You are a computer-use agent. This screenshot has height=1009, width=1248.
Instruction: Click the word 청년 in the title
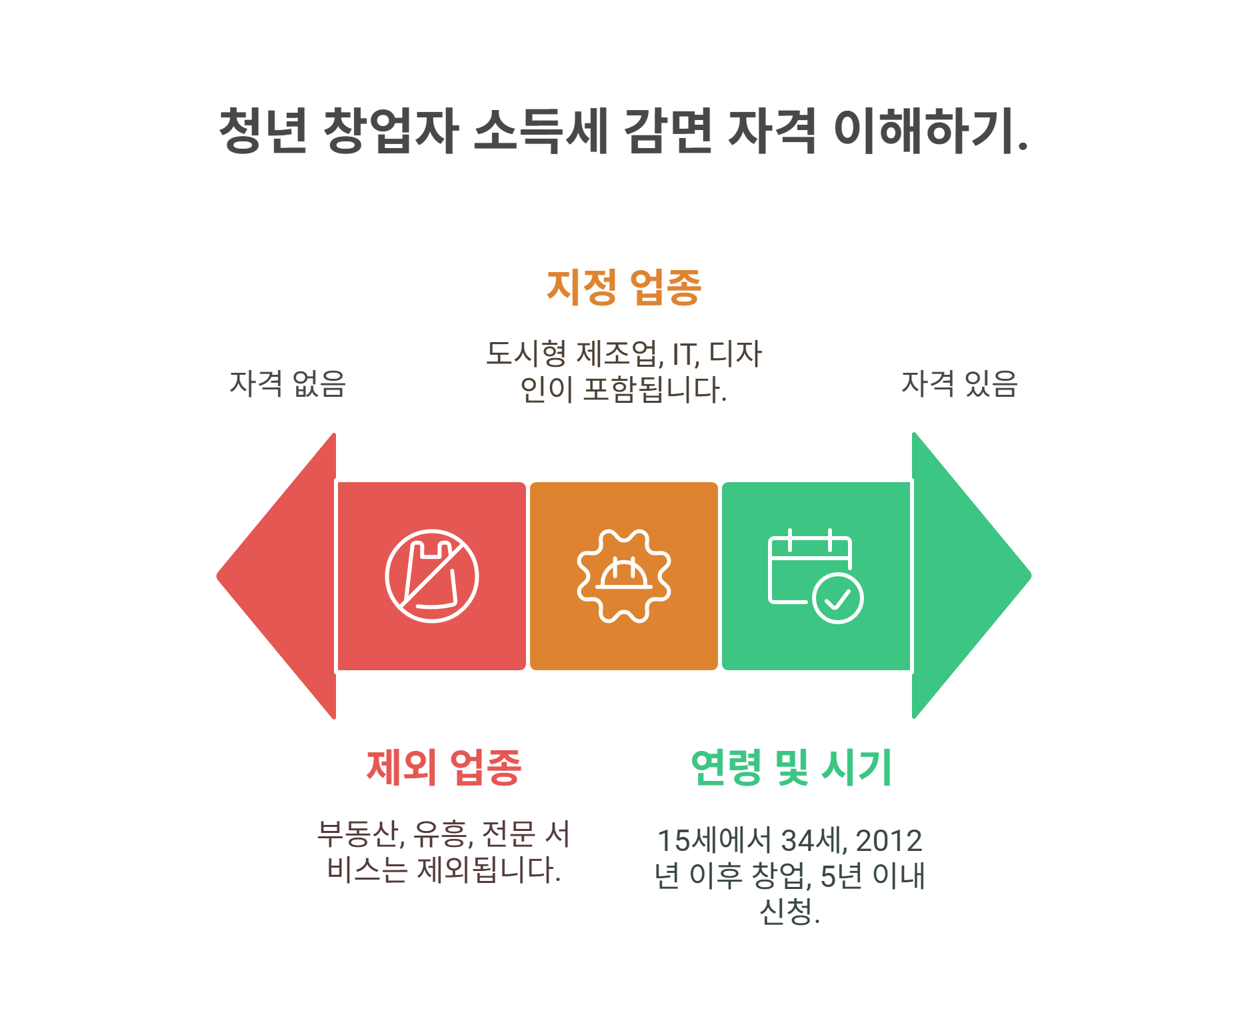pyautogui.click(x=263, y=130)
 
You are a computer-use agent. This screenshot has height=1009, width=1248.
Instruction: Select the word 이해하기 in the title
pyautogui.click(x=923, y=130)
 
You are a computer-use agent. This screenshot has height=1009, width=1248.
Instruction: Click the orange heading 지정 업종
pyautogui.click(x=623, y=287)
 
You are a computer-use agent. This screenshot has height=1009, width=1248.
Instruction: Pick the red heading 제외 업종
pyautogui.click(x=443, y=768)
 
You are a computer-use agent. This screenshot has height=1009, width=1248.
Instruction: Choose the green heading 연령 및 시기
pyautogui.click(x=791, y=768)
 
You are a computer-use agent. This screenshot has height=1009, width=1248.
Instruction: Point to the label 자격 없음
pyautogui.click(x=287, y=384)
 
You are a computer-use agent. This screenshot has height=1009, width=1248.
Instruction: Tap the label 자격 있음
pyautogui.click(x=959, y=384)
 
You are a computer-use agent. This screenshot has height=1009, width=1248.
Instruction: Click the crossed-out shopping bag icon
pyautogui.click(x=432, y=576)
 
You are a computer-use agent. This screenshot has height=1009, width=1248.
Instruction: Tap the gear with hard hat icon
pyautogui.click(x=624, y=576)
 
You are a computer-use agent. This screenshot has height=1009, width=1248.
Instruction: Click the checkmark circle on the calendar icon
pyautogui.click(x=838, y=598)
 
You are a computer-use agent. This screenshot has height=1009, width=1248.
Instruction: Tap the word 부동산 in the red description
pyautogui.click(x=358, y=834)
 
